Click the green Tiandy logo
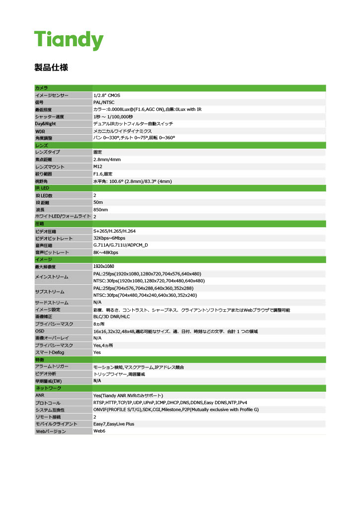tap(69, 39)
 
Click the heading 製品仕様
tap(51, 67)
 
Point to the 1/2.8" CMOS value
tap(107, 95)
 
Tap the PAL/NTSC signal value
tap(104, 102)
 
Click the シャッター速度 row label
tap(49, 116)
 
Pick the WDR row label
tap(40, 131)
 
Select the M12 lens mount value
tap(97, 167)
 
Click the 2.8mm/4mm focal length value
tap(107, 160)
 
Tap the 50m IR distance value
tap(98, 202)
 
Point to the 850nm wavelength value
tap(100, 210)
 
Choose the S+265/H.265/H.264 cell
tap(114, 231)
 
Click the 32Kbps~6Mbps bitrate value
tap(109, 238)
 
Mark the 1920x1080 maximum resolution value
tap(104, 267)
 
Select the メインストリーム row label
tap(52, 277)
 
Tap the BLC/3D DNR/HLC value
tap(111, 316)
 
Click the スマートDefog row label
tap(50, 352)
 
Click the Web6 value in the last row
tap(99, 431)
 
